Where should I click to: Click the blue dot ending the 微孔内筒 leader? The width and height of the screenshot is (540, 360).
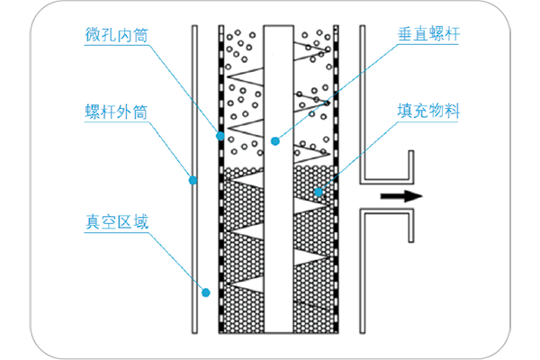pos(219,136)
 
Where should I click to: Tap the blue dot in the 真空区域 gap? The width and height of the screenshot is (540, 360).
pos(206,291)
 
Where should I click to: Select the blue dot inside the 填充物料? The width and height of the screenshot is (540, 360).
pos(319,192)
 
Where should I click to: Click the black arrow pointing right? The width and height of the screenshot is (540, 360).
pos(399,194)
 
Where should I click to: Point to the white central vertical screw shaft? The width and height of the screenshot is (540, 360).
pos(276,225)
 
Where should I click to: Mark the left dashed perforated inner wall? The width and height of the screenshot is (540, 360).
pos(221,225)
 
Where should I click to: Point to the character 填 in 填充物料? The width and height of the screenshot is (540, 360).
pos(406,113)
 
